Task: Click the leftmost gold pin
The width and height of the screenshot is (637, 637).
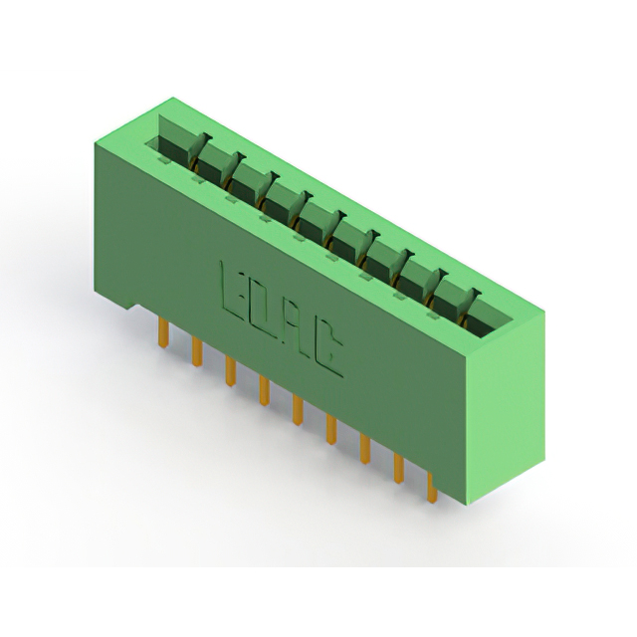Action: [x=163, y=332]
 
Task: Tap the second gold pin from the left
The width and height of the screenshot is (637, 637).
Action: [x=197, y=351]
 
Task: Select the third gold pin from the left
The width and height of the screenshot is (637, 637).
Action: [x=230, y=371]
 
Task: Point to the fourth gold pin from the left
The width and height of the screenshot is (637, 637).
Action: [x=264, y=391]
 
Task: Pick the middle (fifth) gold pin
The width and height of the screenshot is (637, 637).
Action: [x=298, y=410]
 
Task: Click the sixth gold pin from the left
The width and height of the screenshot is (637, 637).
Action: [x=331, y=430]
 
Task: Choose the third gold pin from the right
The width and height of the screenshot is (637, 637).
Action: [x=365, y=449]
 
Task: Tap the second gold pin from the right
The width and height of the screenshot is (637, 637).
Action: [x=398, y=469]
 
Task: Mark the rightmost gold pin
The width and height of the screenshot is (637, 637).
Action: [x=432, y=488]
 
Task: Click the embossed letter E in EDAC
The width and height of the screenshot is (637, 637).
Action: [x=234, y=294]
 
